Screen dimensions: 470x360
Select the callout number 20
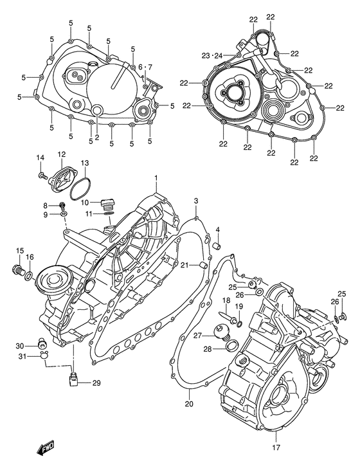click(x=188, y=404)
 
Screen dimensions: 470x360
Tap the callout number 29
click(x=96, y=383)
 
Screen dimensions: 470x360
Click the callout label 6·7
click(x=145, y=67)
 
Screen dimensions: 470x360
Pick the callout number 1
click(x=155, y=177)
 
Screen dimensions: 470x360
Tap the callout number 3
click(x=195, y=201)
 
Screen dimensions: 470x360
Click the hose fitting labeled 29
click(x=74, y=381)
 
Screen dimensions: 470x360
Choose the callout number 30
click(x=20, y=346)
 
